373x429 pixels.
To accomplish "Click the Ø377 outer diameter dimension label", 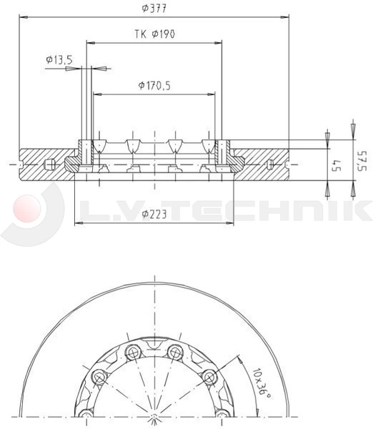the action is pyautogui.click(x=154, y=9).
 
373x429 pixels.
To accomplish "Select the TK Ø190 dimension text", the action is pyautogui.click(x=154, y=34).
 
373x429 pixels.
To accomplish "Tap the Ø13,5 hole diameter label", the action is pyautogui.click(x=59, y=59).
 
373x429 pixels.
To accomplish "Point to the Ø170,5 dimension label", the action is pyautogui.click(x=154, y=86).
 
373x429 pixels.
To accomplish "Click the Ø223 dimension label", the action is pyautogui.click(x=154, y=214).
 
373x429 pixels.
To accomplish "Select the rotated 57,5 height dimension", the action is pyautogui.click(x=362, y=162).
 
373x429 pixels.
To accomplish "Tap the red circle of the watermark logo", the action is pyautogui.click(x=27, y=209).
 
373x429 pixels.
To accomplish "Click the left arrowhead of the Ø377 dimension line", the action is pyautogui.click(x=24, y=17).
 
